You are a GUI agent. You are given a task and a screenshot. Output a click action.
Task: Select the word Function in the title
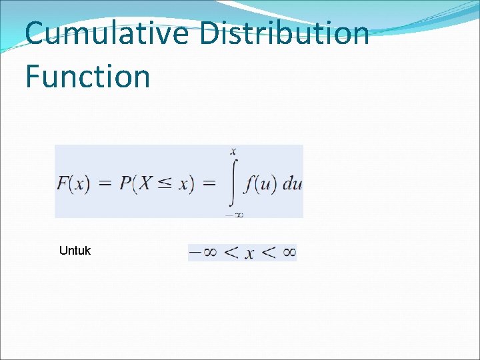click(87, 77)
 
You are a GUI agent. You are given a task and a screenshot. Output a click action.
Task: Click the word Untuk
click(75, 251)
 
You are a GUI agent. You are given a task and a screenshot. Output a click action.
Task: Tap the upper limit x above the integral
click(233, 153)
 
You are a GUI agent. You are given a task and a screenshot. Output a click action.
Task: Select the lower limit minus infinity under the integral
click(233, 214)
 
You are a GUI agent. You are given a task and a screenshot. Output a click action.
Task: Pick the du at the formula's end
click(292, 183)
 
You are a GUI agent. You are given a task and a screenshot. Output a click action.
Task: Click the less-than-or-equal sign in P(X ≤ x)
click(164, 183)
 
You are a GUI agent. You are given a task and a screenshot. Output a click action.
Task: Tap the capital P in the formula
click(125, 183)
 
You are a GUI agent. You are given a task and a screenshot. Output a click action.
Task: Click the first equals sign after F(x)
click(105, 184)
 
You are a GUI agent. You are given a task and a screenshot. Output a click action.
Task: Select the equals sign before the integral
click(209, 184)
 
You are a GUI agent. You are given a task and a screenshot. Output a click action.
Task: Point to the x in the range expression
click(249, 253)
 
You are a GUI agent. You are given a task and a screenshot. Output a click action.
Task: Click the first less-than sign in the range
click(230, 252)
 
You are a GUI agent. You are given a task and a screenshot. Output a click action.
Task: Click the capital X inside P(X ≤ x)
click(144, 183)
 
